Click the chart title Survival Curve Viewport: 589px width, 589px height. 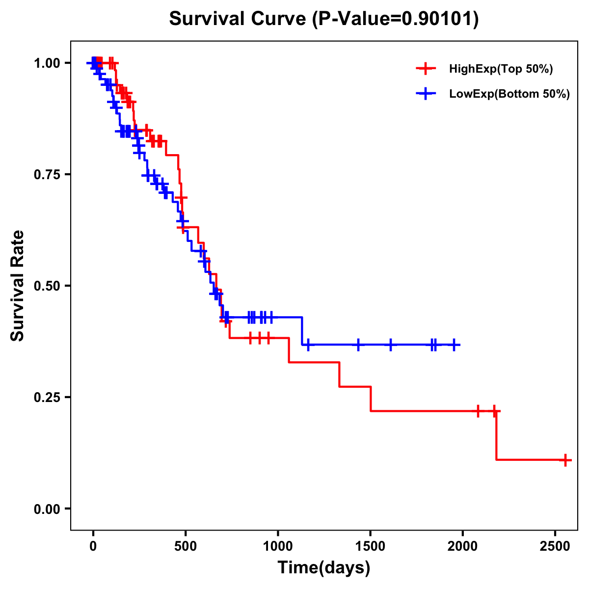point(323,19)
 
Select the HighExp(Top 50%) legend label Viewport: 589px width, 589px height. point(501,69)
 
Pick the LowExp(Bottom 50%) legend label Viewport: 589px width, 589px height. point(509,94)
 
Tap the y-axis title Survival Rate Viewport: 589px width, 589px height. point(18,285)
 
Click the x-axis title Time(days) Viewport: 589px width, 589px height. point(323,568)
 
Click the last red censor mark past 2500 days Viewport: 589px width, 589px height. point(565,460)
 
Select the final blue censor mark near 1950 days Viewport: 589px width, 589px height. point(454,345)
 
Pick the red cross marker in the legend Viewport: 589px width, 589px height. point(426,69)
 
